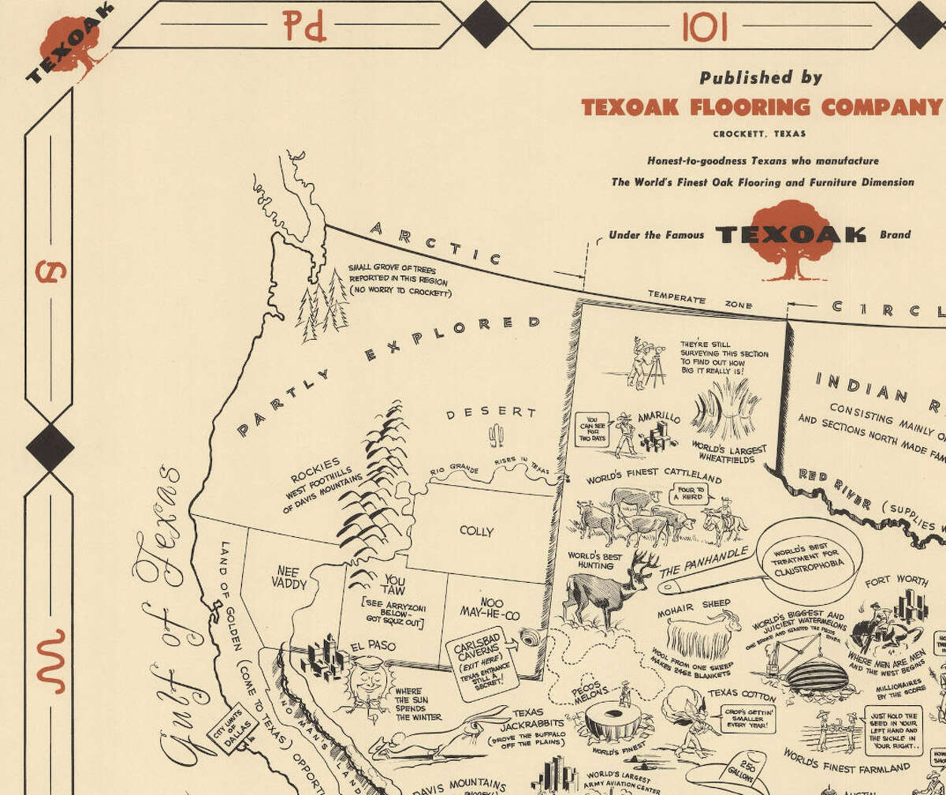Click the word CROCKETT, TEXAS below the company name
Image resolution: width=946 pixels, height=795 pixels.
[x=760, y=134]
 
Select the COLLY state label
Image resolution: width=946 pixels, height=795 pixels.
[x=476, y=531]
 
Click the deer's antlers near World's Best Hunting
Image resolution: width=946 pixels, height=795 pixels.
[x=646, y=562]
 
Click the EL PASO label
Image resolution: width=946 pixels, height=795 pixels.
[x=374, y=646]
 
